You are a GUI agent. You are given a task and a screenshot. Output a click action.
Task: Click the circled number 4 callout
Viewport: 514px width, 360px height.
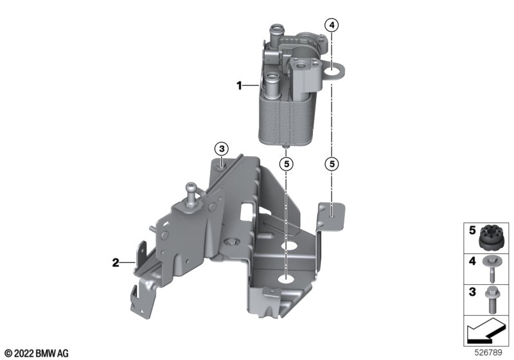(x=332, y=25)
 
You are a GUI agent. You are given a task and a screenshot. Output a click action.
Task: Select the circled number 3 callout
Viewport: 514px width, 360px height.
(x=222, y=149)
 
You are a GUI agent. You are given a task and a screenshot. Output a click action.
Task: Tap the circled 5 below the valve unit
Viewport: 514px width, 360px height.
(x=287, y=163)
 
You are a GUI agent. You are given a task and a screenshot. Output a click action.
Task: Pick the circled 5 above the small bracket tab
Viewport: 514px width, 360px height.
(x=332, y=163)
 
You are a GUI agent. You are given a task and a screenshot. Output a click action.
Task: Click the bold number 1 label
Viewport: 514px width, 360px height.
(x=239, y=85)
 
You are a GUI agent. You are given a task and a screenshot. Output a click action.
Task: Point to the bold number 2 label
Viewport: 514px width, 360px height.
(x=116, y=263)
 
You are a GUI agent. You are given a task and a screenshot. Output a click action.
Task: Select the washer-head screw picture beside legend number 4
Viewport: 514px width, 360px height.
(x=491, y=269)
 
